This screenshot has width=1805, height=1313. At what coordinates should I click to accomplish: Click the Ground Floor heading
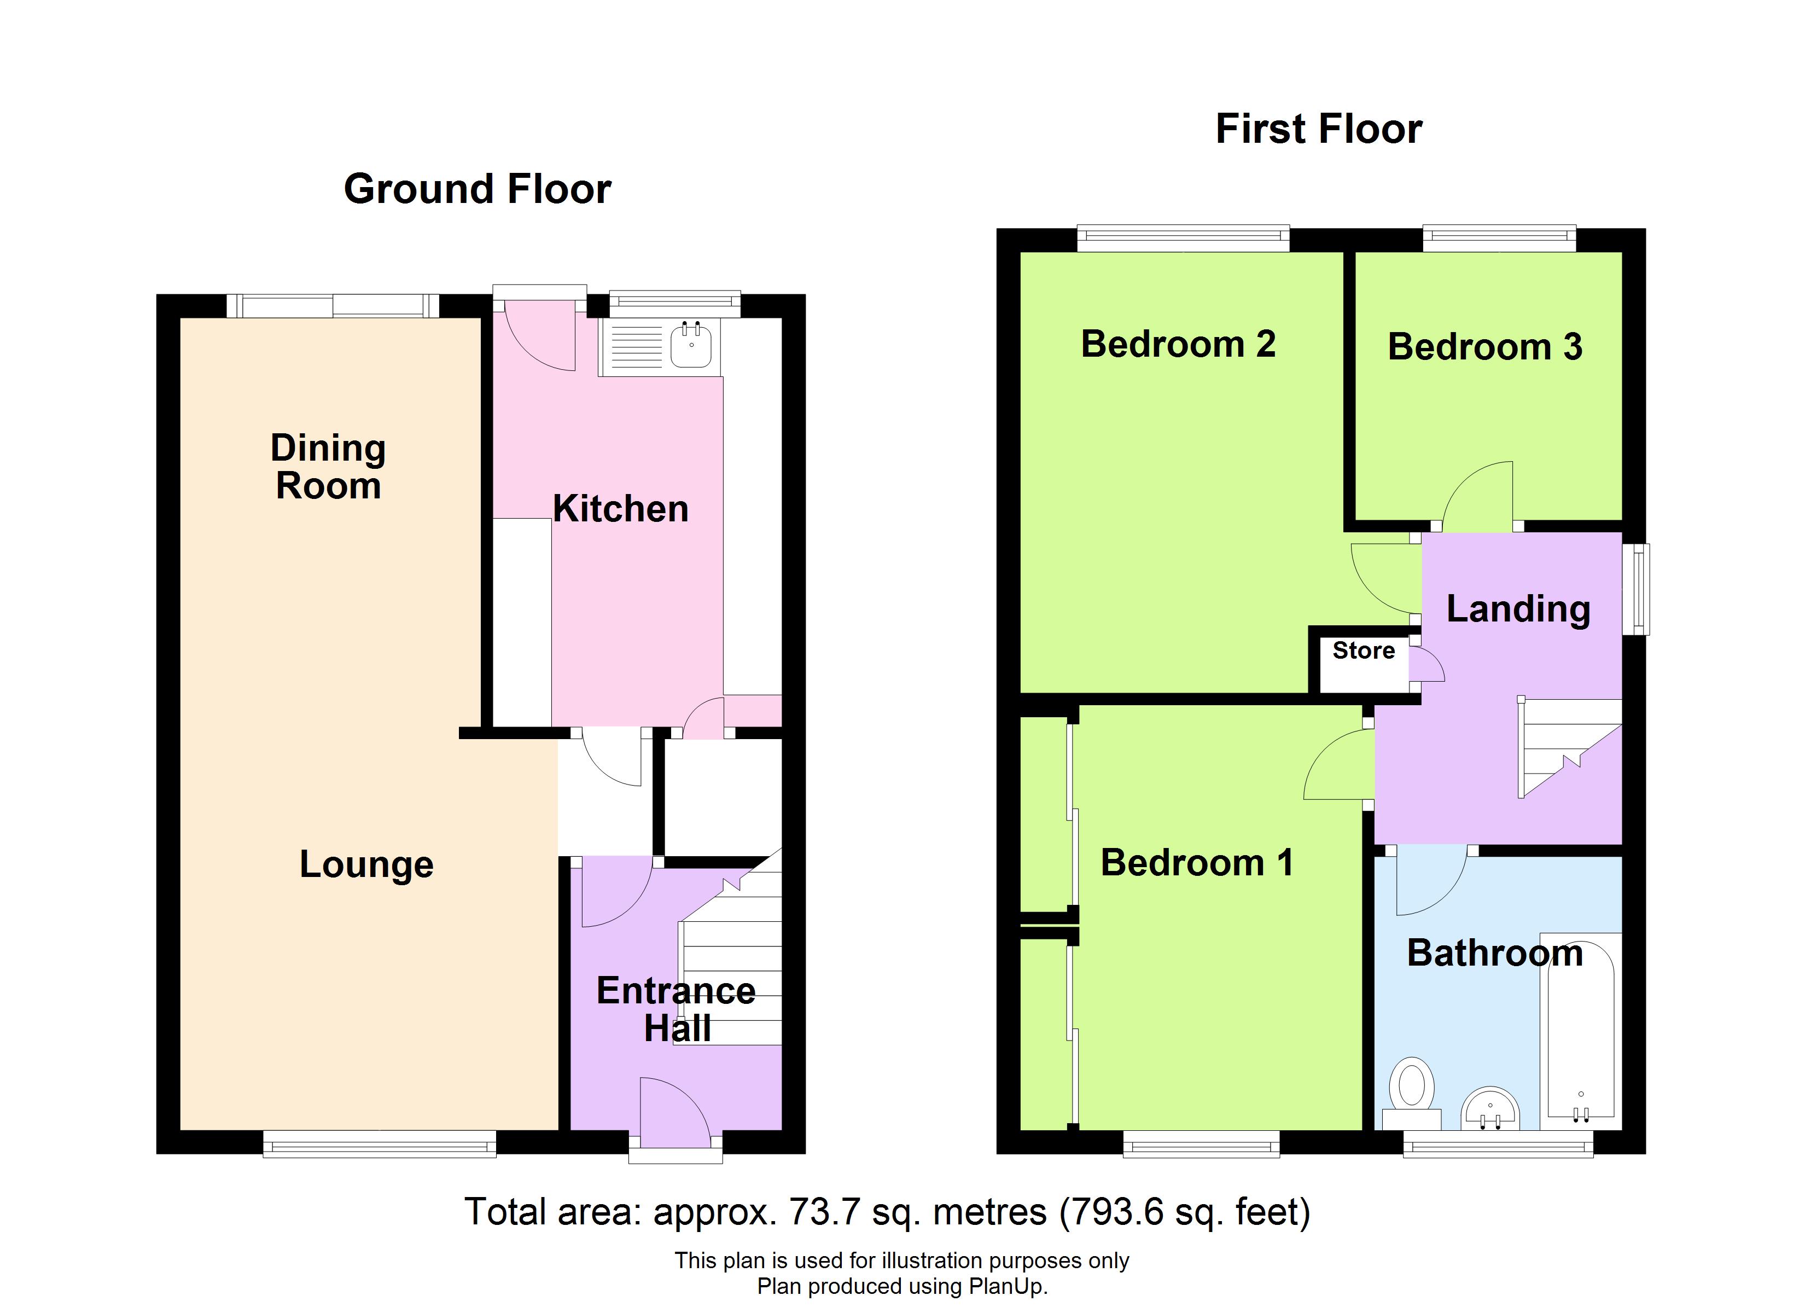[x=478, y=189]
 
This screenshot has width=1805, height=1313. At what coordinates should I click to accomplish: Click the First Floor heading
[x=1319, y=129]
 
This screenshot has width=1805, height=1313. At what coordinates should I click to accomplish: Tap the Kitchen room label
[x=621, y=508]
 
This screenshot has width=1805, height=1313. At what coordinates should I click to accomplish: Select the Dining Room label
[x=328, y=467]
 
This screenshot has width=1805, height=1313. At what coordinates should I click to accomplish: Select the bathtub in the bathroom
[x=1581, y=1030]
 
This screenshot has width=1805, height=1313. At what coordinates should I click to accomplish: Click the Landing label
[x=1518, y=609]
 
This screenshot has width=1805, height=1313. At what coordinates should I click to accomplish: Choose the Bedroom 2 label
[x=1179, y=344]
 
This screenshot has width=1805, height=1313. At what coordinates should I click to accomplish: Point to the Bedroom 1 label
[x=1197, y=862]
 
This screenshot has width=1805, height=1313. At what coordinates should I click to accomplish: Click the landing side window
[x=1635, y=589]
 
